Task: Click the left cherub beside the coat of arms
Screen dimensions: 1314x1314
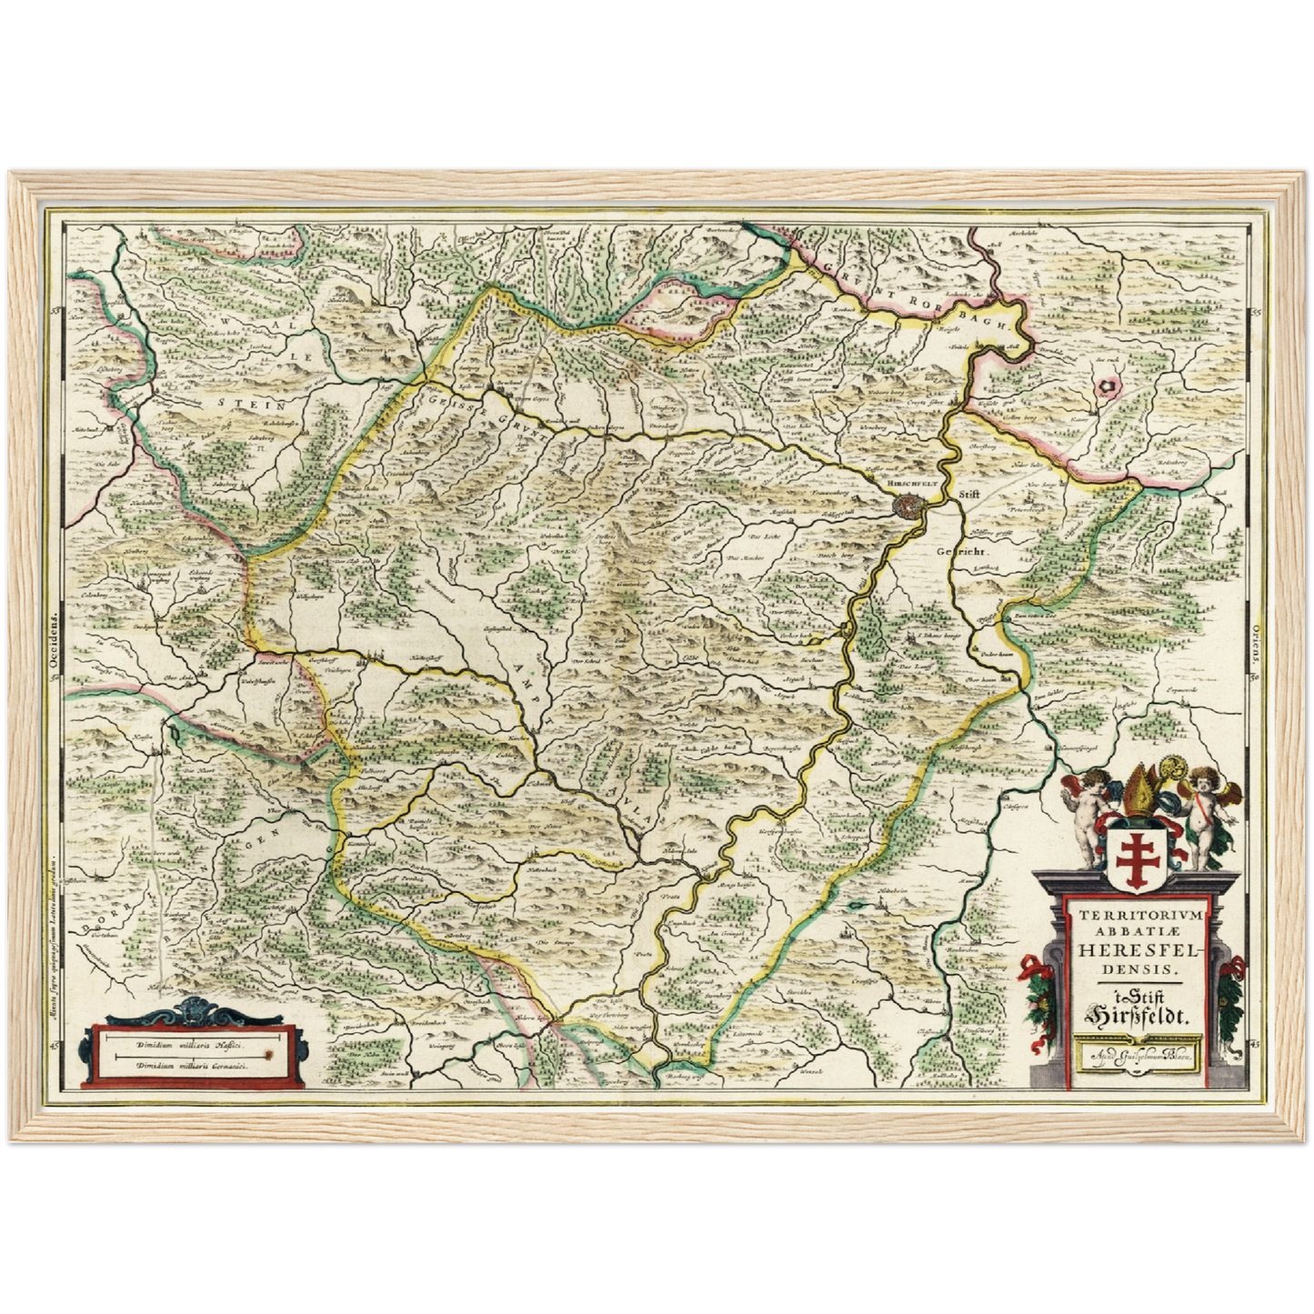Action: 1088,814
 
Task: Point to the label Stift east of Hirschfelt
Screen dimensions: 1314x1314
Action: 972,493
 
